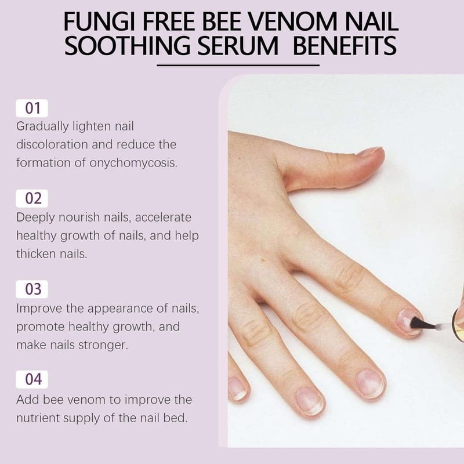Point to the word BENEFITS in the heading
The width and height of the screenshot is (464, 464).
tap(345, 45)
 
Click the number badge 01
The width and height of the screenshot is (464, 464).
tap(32, 108)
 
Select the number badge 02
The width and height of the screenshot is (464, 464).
tap(32, 198)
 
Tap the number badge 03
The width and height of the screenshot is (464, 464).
tap(32, 289)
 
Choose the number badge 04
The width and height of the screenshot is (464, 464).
tap(32, 379)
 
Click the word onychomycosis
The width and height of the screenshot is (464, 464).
tap(133, 164)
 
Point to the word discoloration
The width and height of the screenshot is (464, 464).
tap(52, 144)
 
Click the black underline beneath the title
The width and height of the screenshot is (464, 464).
tap(238, 66)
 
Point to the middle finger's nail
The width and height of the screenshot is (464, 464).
tap(371, 383)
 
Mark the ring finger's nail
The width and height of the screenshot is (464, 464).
tap(310, 401)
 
